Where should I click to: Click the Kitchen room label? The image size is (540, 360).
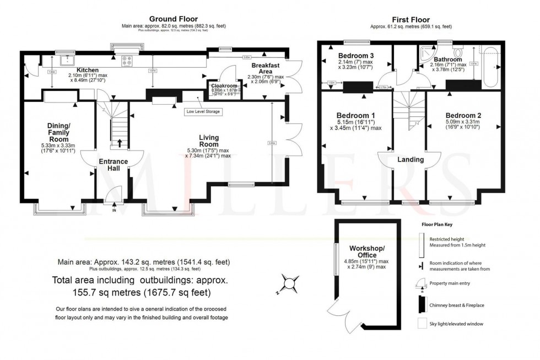88,70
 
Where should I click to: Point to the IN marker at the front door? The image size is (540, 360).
114,210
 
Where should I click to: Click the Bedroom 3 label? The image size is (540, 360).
356,56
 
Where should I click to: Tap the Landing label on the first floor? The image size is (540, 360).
410,160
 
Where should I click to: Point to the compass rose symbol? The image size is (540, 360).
289,285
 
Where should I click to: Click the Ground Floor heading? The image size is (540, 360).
174,19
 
